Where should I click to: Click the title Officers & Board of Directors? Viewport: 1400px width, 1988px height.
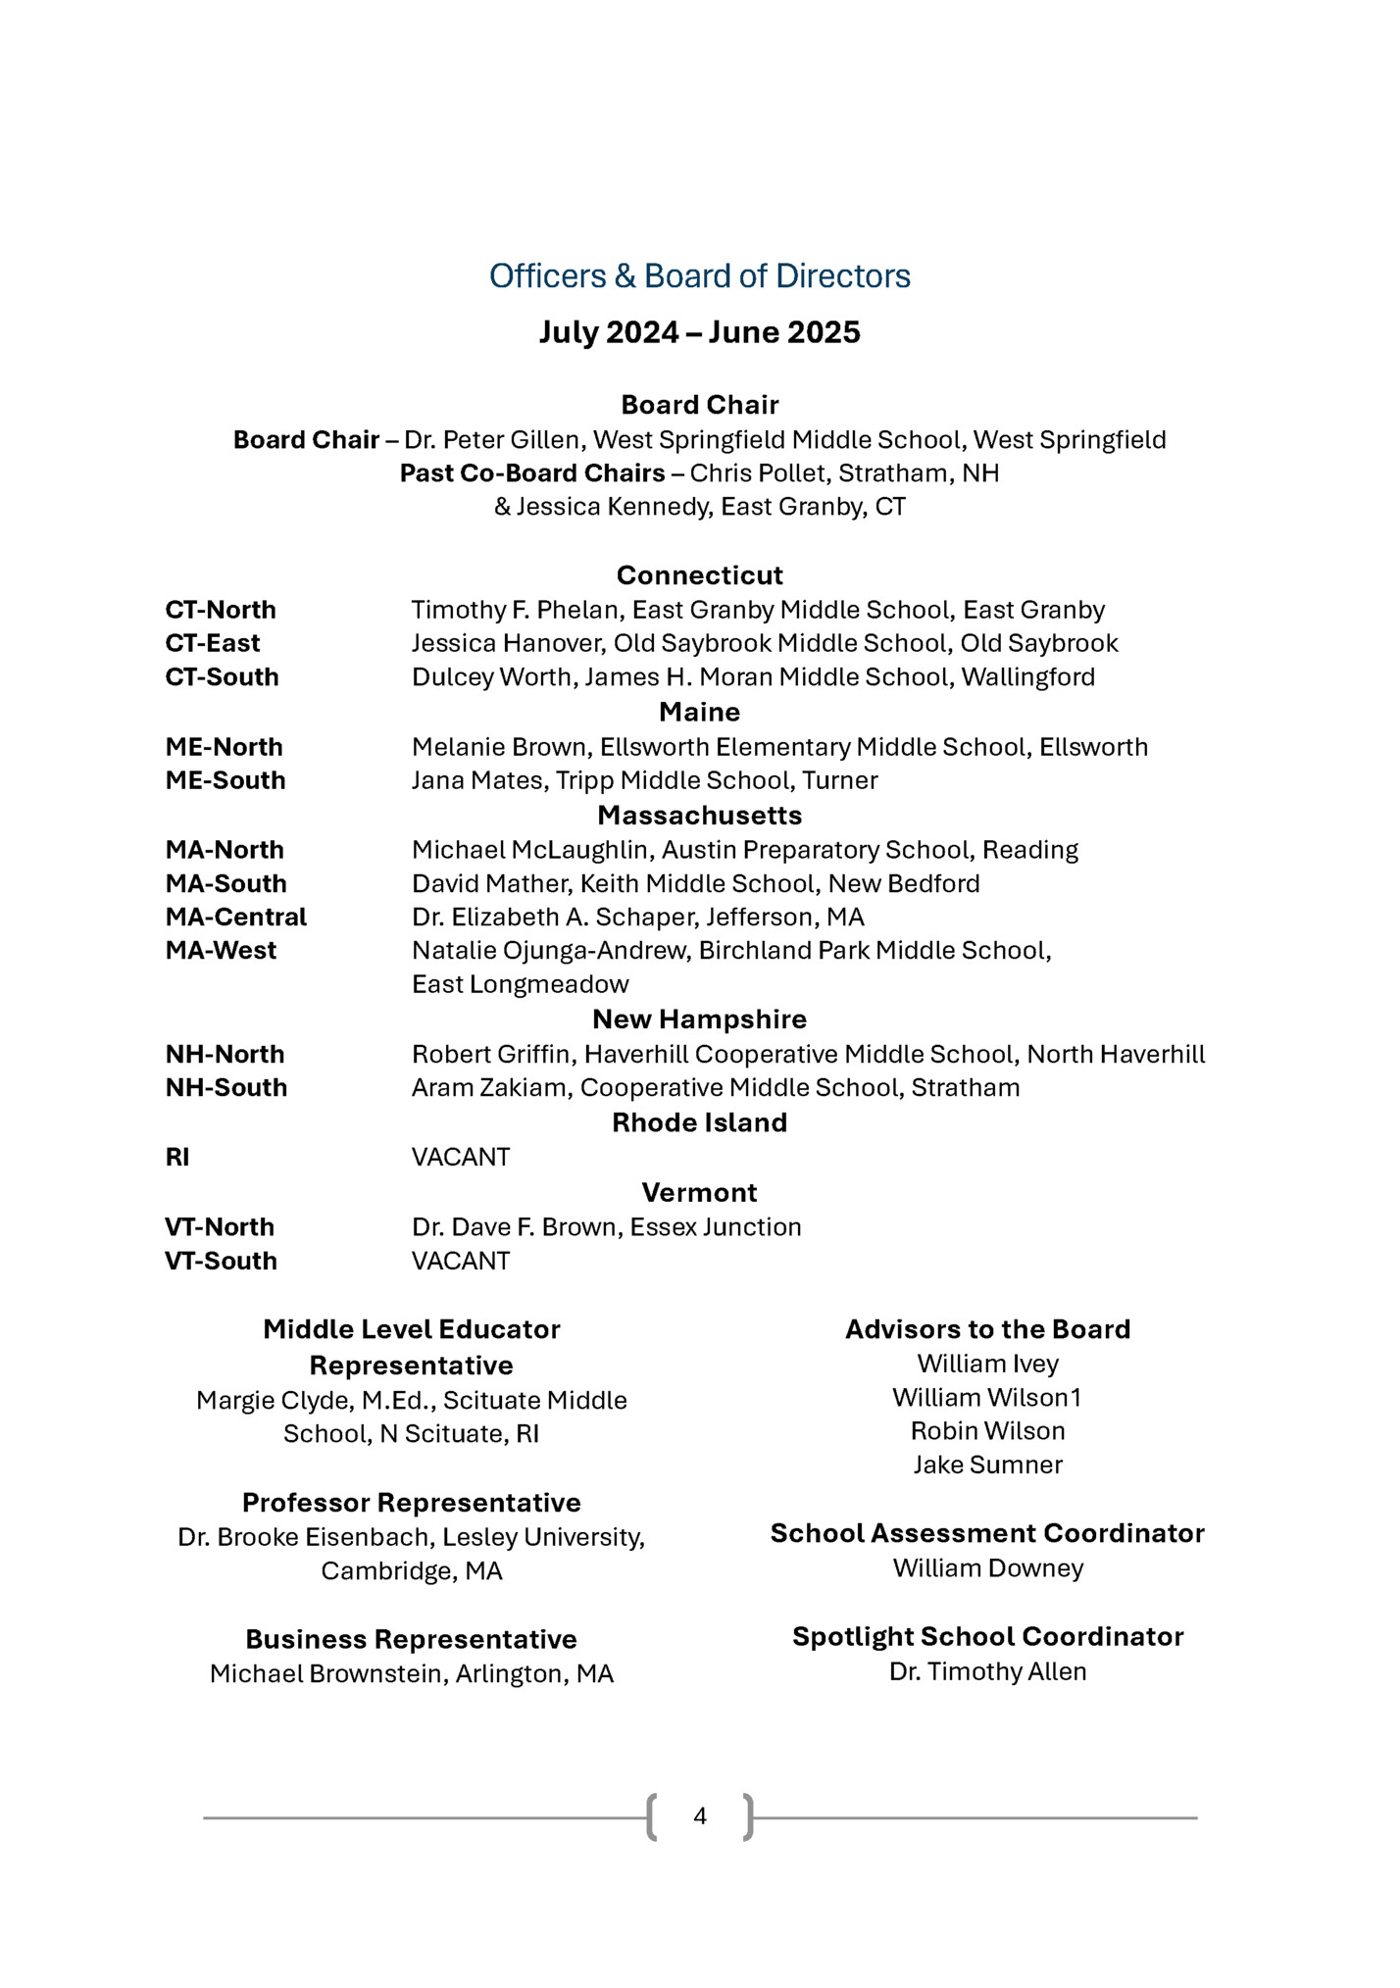point(699,276)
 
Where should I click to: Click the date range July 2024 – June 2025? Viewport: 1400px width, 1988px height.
point(699,332)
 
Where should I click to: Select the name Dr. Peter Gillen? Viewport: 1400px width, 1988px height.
point(492,440)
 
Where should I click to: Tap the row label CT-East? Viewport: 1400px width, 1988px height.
point(213,643)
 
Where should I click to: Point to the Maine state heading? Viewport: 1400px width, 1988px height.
point(699,712)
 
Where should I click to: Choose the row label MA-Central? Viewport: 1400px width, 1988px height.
point(235,917)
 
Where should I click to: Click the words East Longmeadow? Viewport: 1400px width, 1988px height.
point(520,984)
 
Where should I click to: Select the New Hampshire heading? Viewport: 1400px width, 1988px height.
point(699,1019)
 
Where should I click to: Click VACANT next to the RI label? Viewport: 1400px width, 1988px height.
point(461,1158)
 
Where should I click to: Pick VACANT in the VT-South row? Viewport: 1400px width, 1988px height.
point(461,1262)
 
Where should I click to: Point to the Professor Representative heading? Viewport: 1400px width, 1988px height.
point(411,1503)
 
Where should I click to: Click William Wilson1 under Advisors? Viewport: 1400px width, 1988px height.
point(987,1398)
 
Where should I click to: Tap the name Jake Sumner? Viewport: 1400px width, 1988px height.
point(987,1465)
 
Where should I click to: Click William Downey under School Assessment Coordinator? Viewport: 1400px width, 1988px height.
point(987,1568)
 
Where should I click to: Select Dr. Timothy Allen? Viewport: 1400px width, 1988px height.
point(987,1672)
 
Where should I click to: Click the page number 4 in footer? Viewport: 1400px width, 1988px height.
point(699,1816)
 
